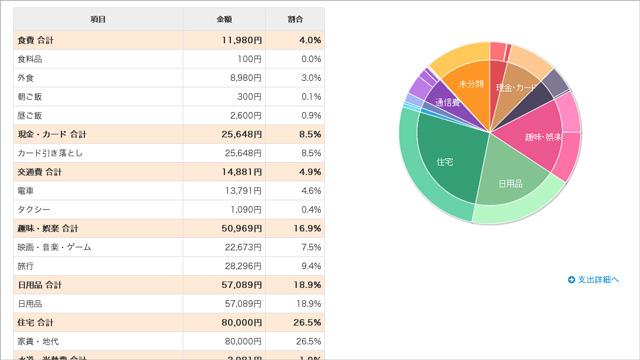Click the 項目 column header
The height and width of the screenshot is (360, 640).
(98, 20)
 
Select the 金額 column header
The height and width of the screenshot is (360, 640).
(224, 20)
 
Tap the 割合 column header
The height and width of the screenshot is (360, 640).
(296, 20)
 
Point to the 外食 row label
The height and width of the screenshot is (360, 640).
(27, 77)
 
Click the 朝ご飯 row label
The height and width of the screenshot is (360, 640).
(30, 96)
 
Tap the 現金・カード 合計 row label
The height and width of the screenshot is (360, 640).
(52, 134)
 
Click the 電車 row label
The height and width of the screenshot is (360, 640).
(27, 190)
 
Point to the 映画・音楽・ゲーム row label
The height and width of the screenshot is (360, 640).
(54, 247)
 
